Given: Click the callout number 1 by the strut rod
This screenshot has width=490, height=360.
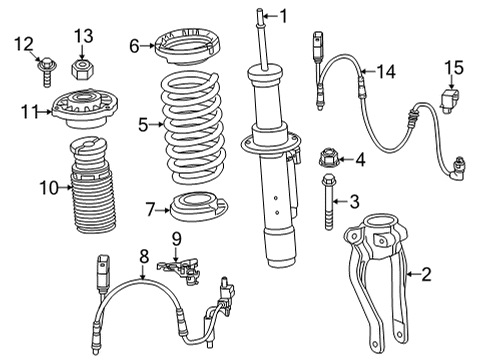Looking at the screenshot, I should click(283, 15).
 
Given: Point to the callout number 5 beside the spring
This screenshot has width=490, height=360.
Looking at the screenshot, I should click(143, 125).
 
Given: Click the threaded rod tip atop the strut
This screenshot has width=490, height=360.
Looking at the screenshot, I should click(265, 14).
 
